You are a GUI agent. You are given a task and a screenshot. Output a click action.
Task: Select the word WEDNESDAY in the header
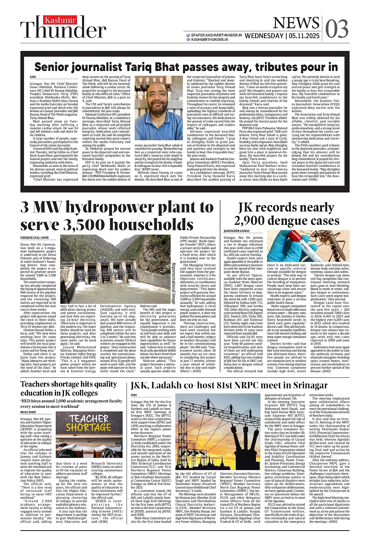click(x=264, y=36)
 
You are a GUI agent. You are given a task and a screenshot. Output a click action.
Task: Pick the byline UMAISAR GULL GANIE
click(x=35, y=238)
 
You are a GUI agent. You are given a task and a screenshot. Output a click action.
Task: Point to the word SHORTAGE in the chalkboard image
click(x=88, y=427)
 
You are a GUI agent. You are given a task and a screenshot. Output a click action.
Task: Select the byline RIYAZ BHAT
click(x=28, y=412)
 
